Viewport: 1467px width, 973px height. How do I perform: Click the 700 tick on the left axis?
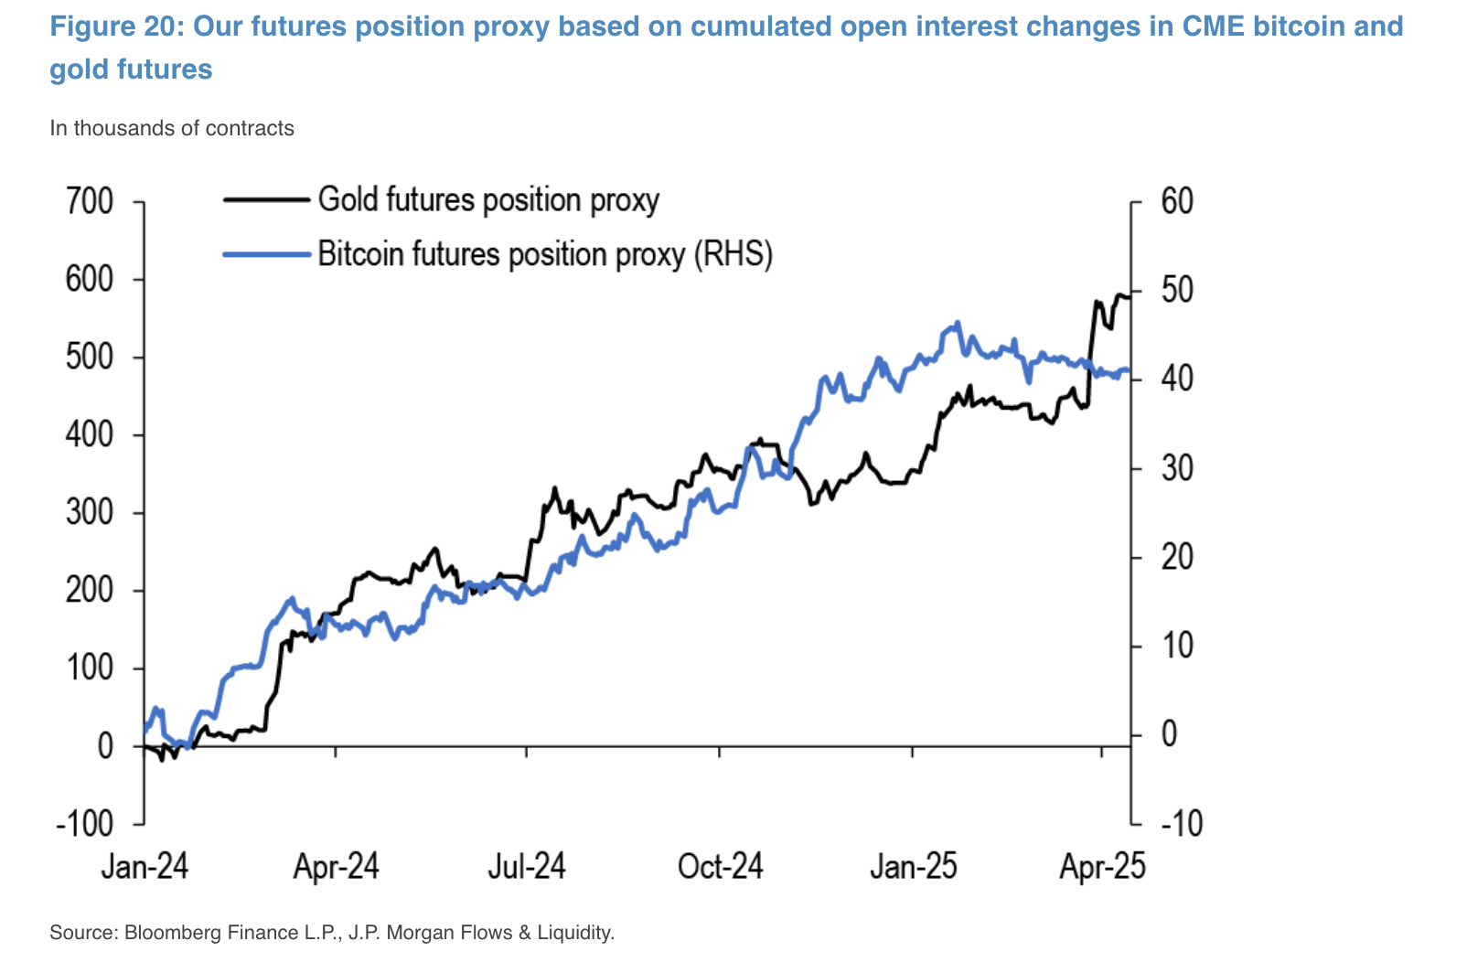click(90, 201)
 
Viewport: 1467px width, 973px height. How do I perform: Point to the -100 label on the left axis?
click(84, 823)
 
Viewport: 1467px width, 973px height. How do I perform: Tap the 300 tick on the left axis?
click(90, 512)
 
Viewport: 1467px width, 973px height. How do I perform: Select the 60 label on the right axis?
click(1177, 201)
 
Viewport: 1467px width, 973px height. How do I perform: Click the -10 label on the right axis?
click(1181, 823)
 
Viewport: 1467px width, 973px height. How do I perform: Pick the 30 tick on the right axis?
click(1177, 468)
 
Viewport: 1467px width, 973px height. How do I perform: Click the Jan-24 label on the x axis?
click(145, 865)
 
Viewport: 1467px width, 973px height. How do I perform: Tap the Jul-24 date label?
click(527, 865)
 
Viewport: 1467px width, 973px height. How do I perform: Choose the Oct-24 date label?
click(720, 865)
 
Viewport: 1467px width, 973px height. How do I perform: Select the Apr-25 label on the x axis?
click(1102, 865)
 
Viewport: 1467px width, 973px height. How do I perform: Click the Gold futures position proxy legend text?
click(488, 199)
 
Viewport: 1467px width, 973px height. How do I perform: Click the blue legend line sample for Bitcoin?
click(266, 253)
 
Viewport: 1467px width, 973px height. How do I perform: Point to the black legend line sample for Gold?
click(266, 199)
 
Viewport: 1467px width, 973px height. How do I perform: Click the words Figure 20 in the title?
click(112, 26)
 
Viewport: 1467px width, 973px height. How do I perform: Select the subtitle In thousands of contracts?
click(172, 128)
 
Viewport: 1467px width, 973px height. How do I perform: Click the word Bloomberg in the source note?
click(168, 933)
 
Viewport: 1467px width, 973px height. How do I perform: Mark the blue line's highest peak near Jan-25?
click(958, 322)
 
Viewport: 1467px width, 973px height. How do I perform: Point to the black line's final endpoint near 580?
click(1130, 295)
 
